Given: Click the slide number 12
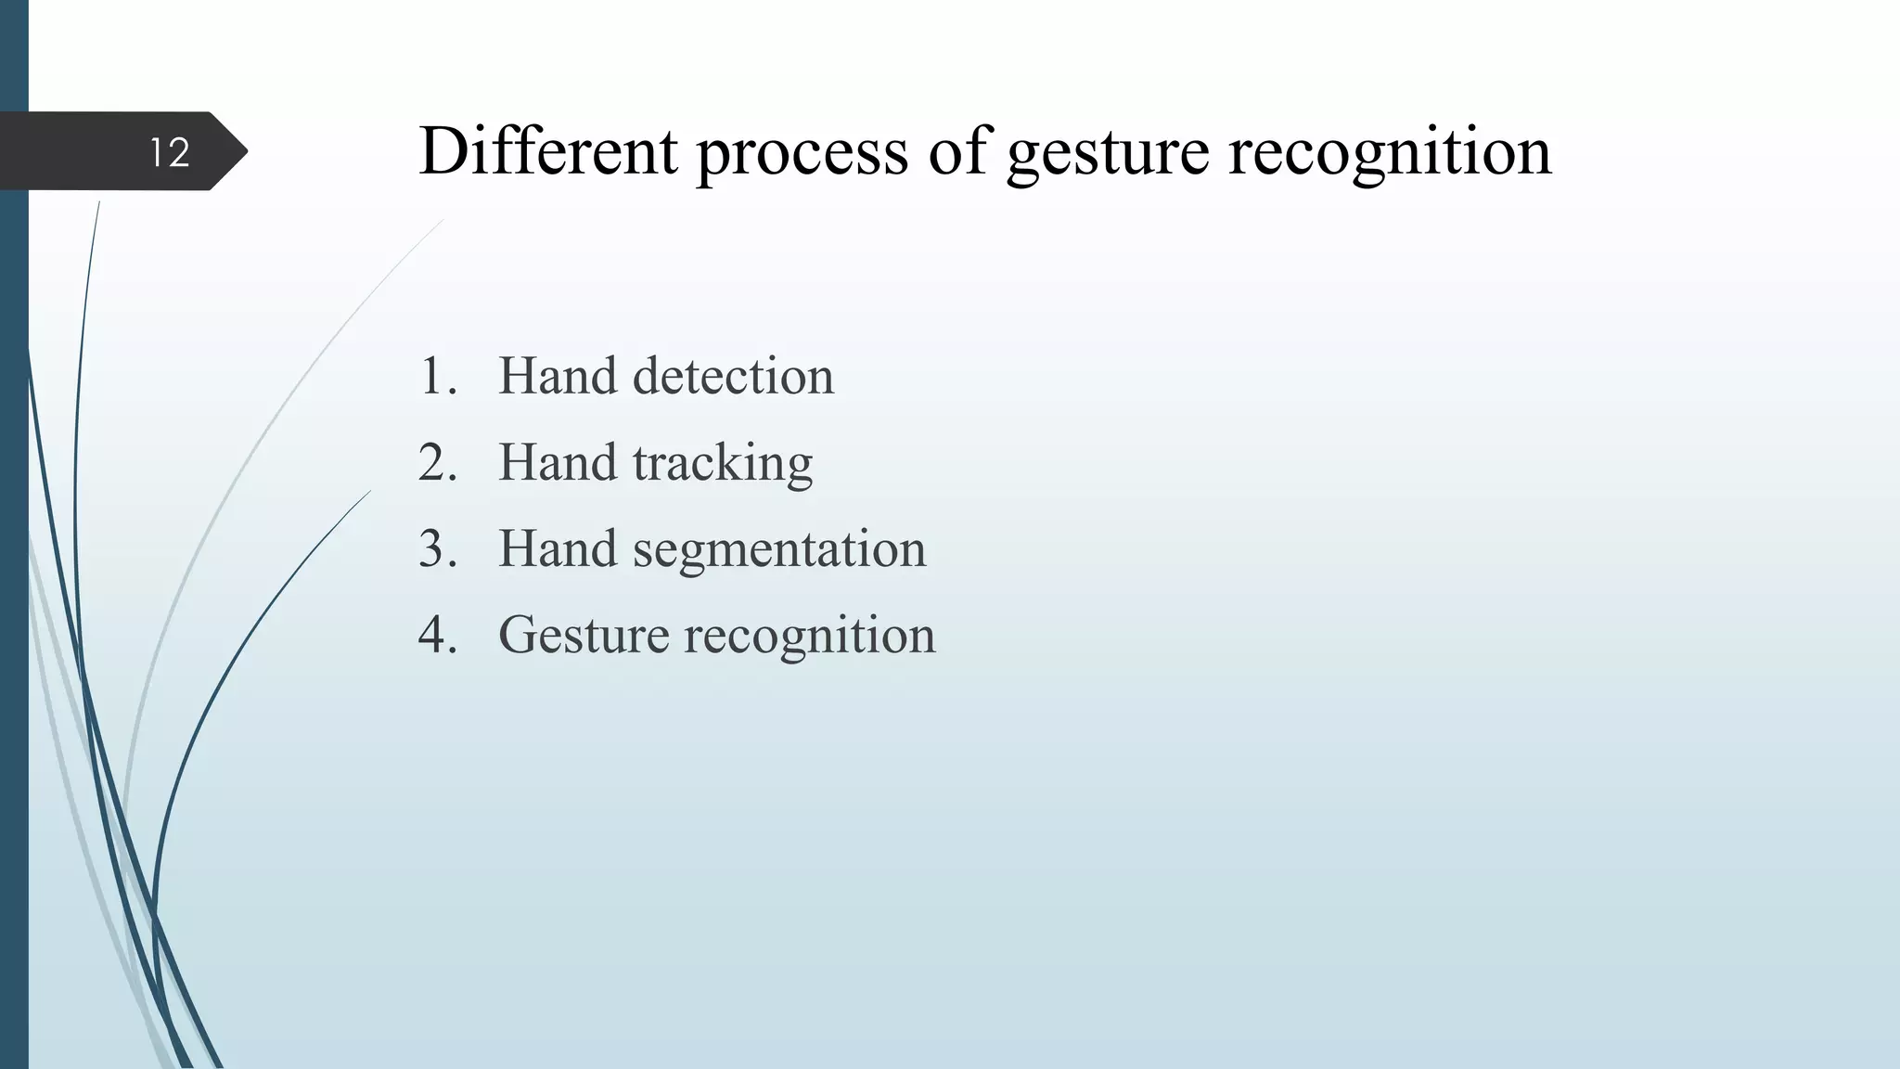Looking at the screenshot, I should [x=170, y=152].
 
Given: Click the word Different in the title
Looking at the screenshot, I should [x=548, y=150].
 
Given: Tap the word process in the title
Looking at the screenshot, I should [x=802, y=152].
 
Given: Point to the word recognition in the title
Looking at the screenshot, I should [x=1390, y=152].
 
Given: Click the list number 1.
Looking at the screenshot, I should [x=437, y=376].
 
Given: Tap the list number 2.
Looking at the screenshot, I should [x=437, y=462].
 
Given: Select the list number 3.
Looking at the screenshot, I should [x=437, y=548].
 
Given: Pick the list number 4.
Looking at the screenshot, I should [x=437, y=635].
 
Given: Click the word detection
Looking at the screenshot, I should [x=733, y=376].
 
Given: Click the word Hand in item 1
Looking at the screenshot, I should [x=557, y=376].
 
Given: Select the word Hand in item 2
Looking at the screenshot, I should [x=557, y=462].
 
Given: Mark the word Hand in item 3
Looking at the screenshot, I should [x=557, y=548].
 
